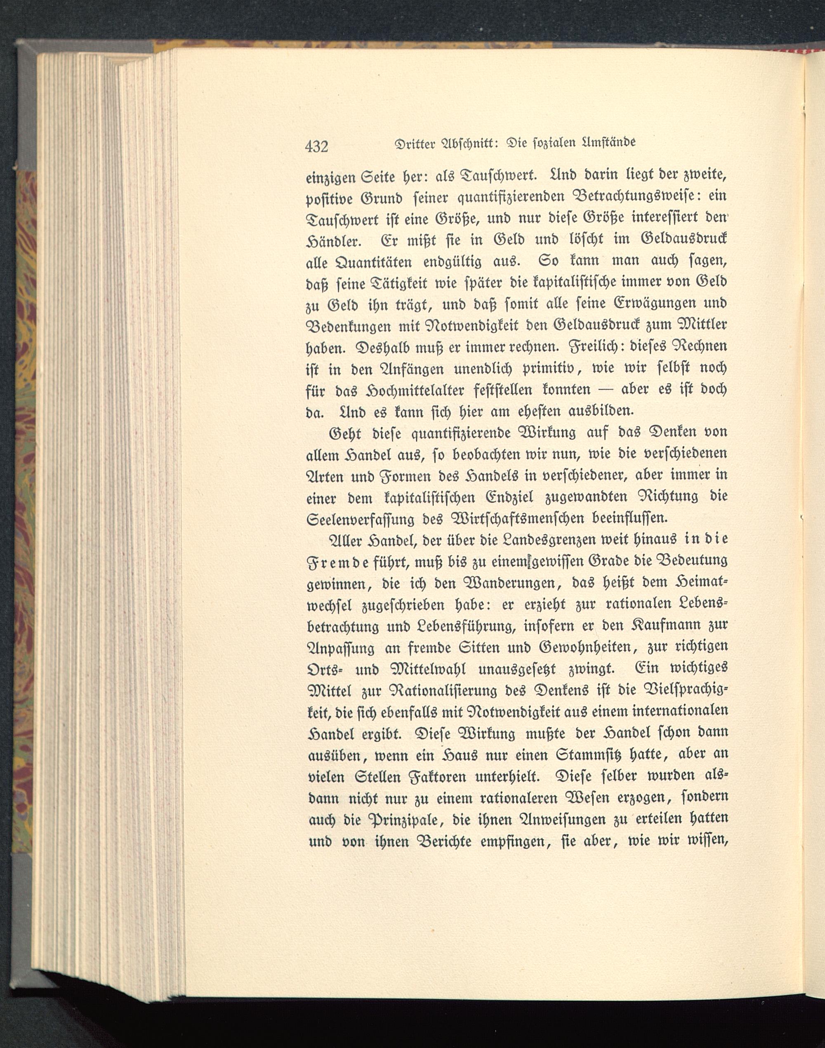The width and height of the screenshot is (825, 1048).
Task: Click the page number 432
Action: click(317, 146)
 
